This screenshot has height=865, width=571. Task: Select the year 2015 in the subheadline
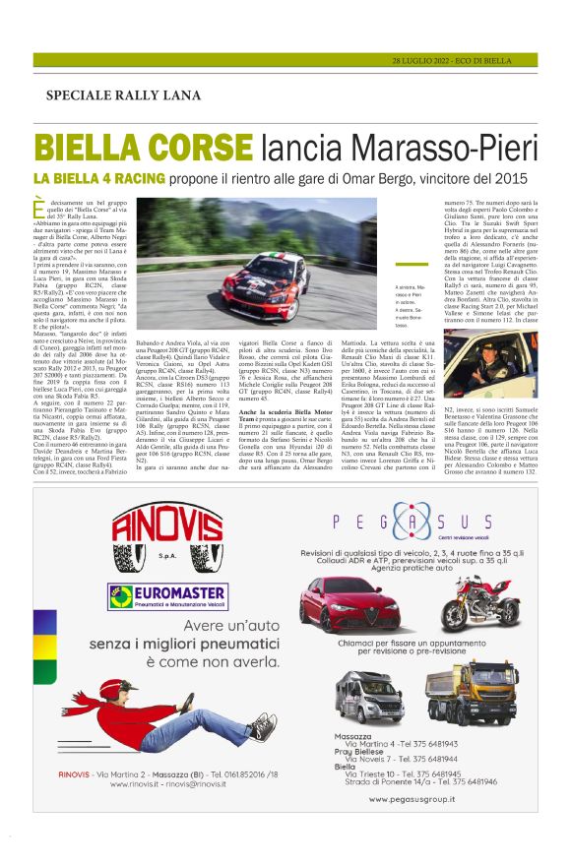tap(518, 178)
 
